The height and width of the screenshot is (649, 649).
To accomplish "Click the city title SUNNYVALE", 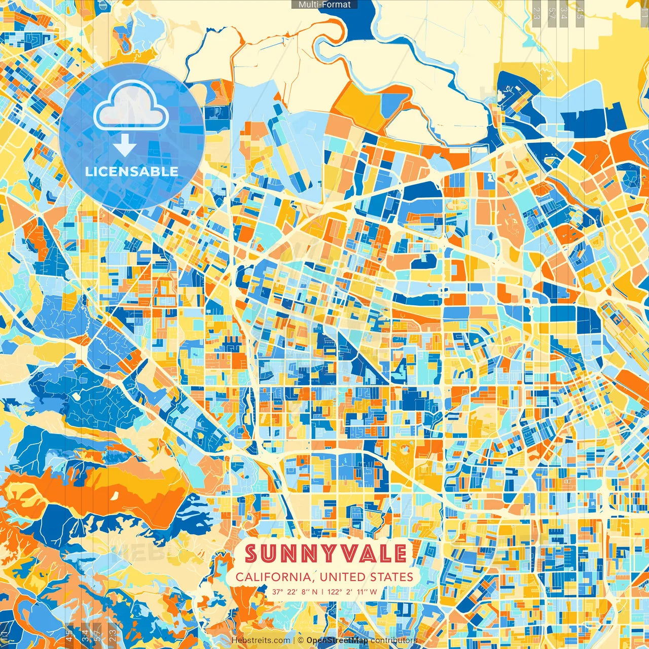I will [x=326, y=554].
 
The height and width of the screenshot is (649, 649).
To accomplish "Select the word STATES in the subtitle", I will [x=391, y=577].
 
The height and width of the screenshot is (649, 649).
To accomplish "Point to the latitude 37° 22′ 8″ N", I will [x=295, y=592].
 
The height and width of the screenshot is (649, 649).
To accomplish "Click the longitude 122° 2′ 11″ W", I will [x=352, y=592].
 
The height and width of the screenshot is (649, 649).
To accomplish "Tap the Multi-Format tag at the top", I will [x=324, y=5].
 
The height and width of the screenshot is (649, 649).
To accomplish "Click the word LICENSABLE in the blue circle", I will [x=131, y=171].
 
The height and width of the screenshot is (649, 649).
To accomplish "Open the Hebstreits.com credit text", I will [x=261, y=640].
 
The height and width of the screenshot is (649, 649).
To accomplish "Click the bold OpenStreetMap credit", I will [x=337, y=640].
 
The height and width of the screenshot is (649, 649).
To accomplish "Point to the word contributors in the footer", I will [x=393, y=640].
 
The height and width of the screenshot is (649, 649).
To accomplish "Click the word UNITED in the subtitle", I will [x=343, y=577].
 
